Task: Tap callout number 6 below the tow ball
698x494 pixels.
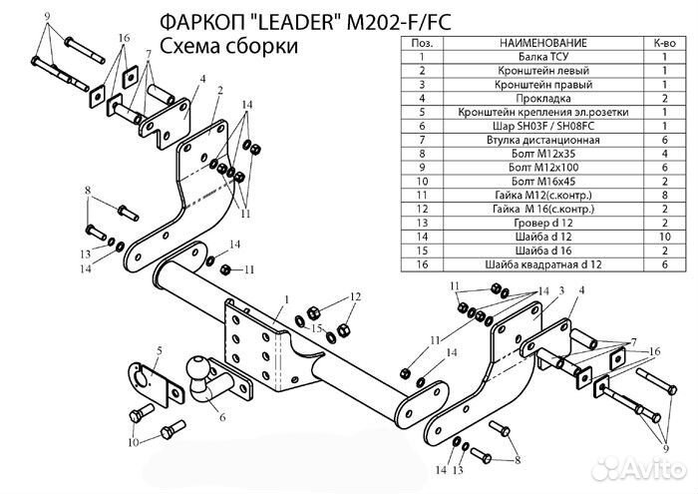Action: tap(221, 417)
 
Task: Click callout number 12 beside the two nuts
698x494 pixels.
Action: tap(355, 297)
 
